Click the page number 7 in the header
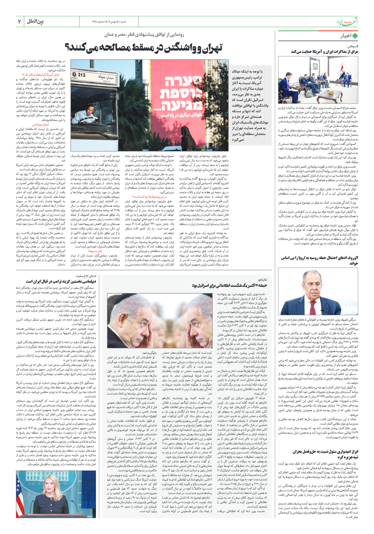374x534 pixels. coord(19,21)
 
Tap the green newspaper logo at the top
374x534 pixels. coord(348,22)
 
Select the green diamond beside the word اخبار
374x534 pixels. coord(355,36)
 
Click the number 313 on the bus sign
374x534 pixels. coord(81,75)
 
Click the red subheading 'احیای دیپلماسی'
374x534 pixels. coord(41,124)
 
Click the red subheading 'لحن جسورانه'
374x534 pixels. coord(95,251)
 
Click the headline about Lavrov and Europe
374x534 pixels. coord(319,260)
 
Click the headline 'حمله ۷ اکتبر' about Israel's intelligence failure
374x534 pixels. coord(229,285)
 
